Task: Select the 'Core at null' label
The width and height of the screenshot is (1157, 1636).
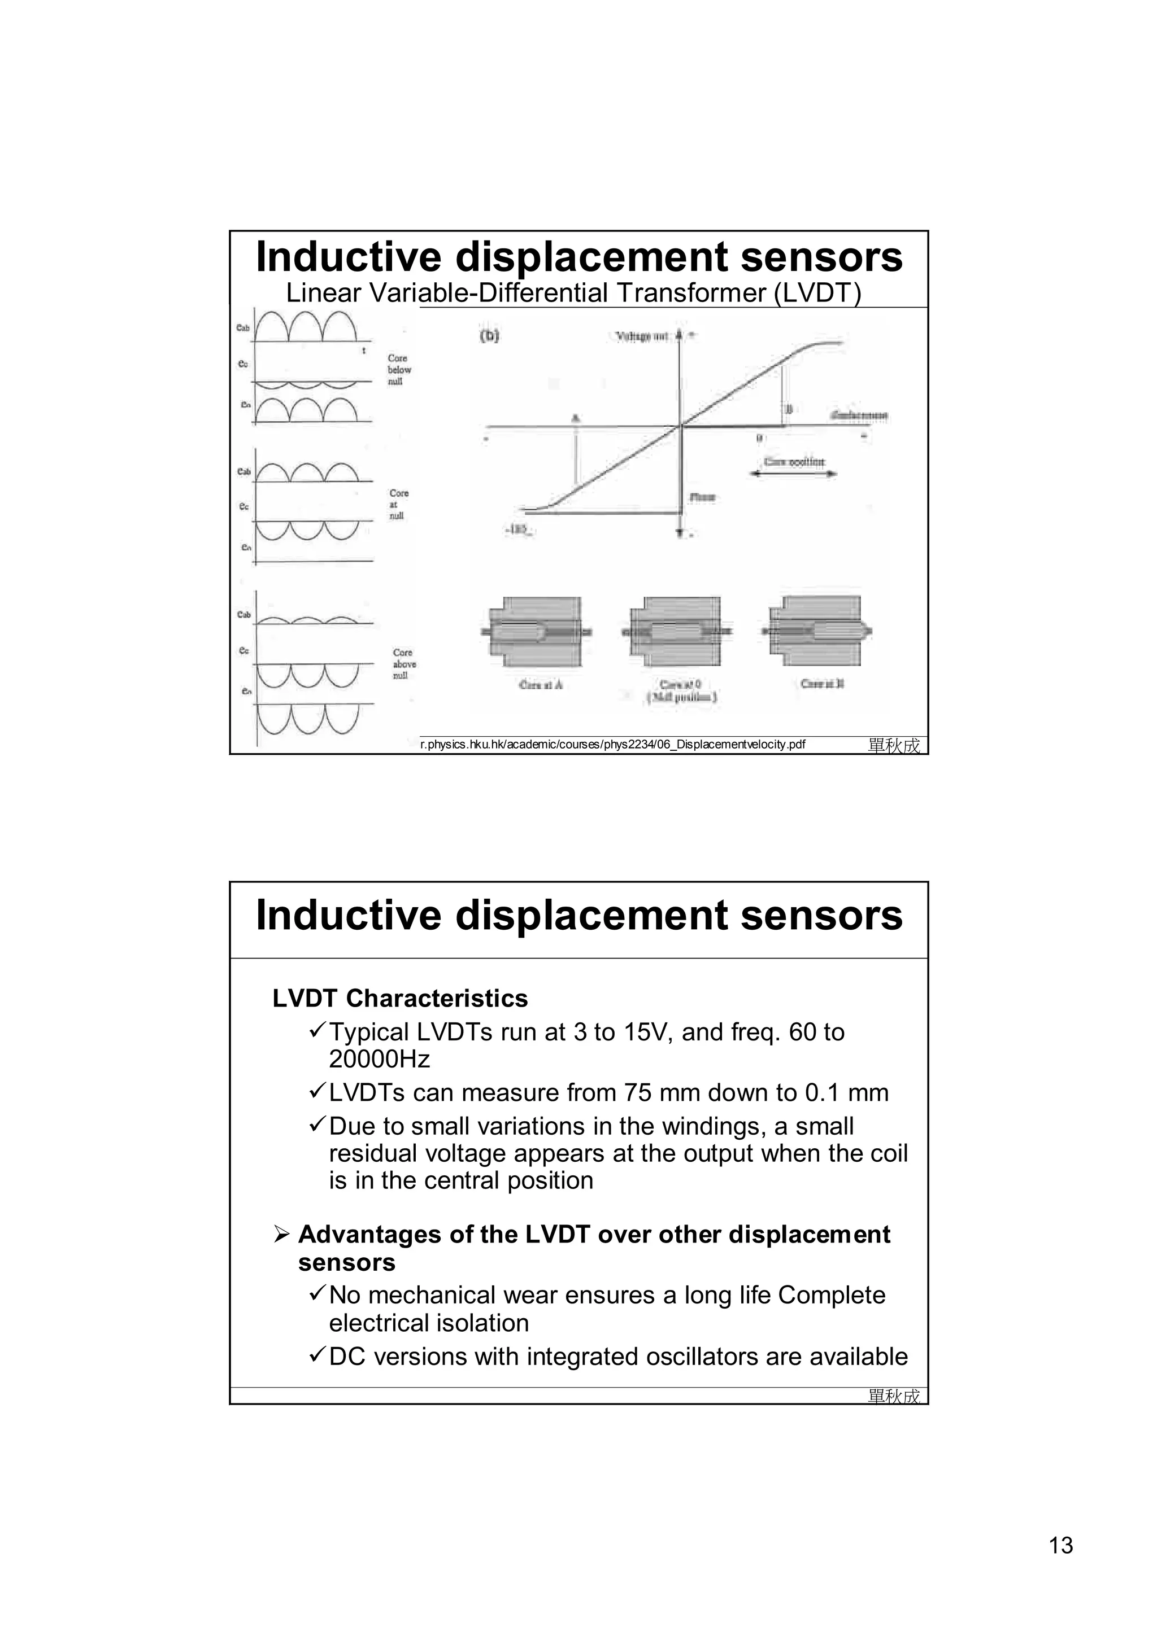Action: tap(398, 505)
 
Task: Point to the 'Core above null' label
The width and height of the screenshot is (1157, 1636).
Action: tap(403, 663)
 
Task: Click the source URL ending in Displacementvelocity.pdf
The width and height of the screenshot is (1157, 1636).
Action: tap(612, 745)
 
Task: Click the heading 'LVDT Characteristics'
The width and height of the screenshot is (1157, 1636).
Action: tap(400, 998)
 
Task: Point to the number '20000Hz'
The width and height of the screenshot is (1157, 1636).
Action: tap(379, 1060)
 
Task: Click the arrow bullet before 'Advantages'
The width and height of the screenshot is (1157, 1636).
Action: tap(281, 1234)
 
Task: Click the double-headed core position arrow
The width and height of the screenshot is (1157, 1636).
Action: tap(793, 474)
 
